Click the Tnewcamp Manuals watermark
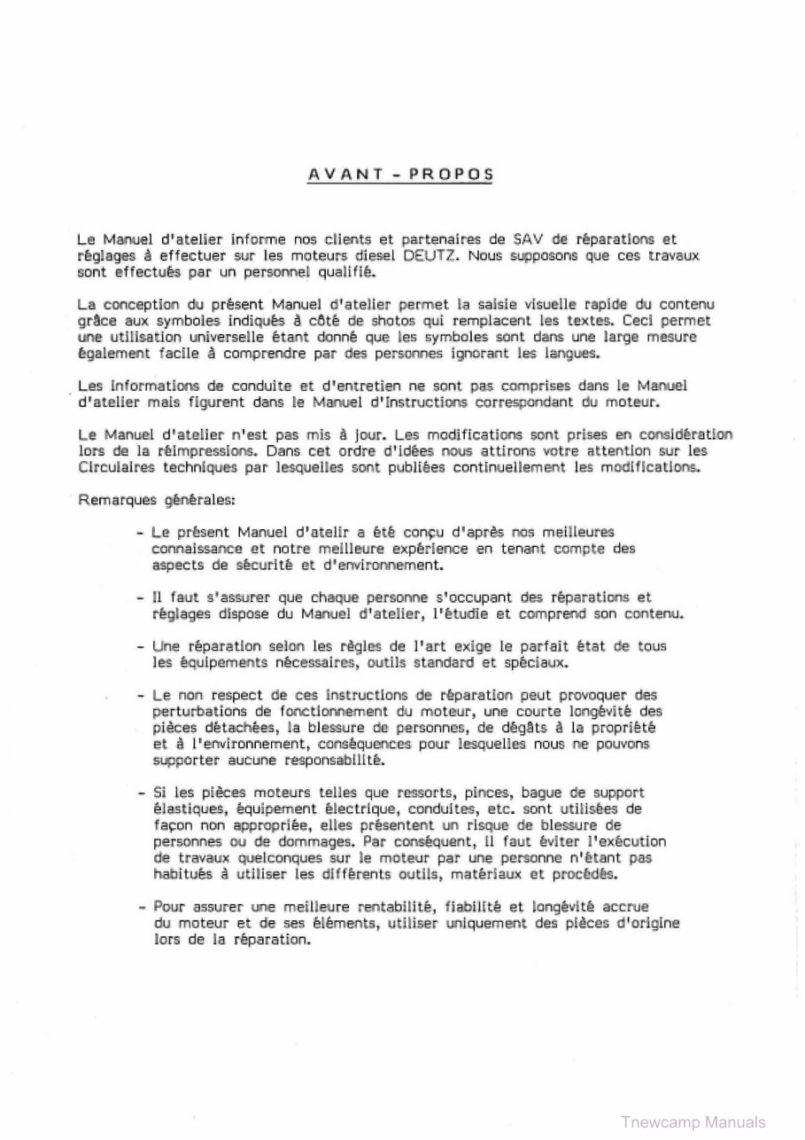(x=694, y=1120)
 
